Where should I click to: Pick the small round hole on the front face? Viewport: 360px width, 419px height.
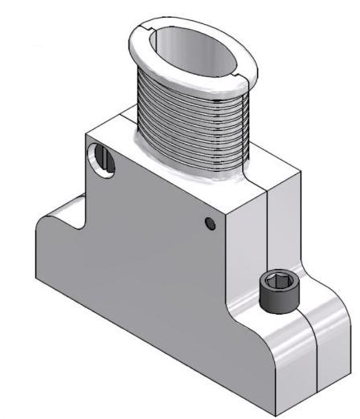[x=211, y=223]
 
